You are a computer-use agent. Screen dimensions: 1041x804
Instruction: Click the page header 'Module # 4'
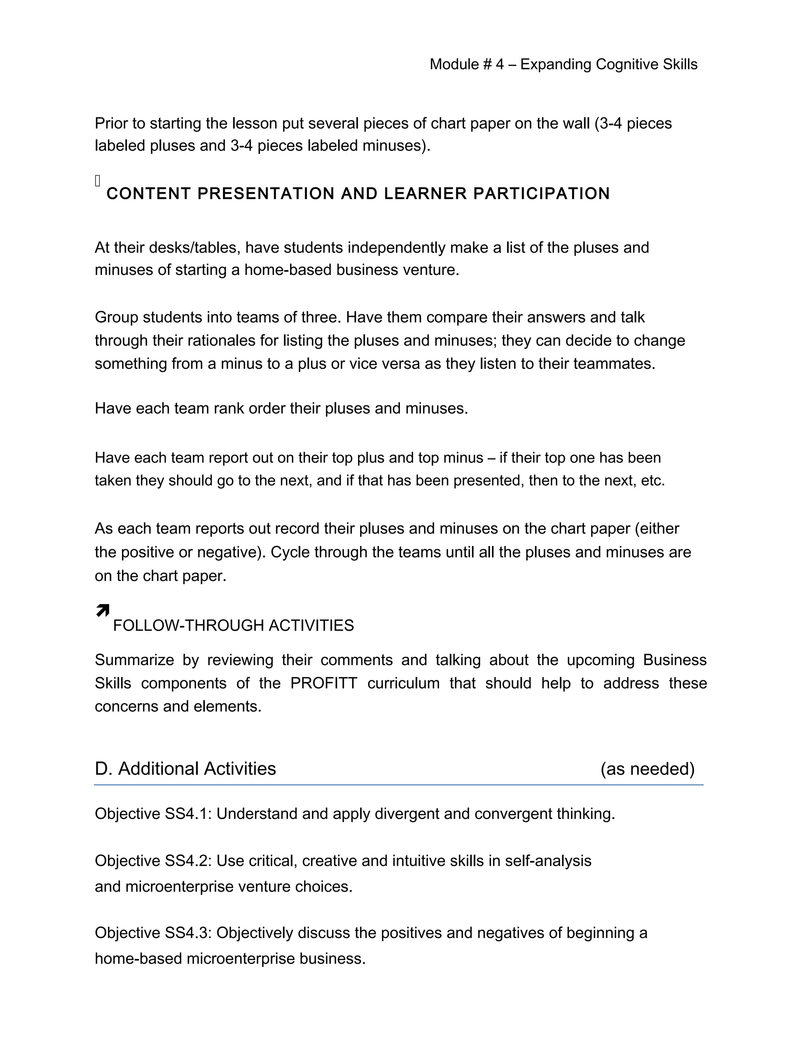(466, 64)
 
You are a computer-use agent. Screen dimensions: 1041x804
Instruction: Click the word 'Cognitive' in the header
(621, 64)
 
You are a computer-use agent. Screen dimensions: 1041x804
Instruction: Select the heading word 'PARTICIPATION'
(541, 194)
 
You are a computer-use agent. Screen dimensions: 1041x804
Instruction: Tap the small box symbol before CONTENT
(98, 181)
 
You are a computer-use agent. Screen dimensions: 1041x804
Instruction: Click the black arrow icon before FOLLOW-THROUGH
(102, 610)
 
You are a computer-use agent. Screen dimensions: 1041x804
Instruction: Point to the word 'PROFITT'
(324, 683)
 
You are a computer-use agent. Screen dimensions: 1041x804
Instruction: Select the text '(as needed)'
(647, 769)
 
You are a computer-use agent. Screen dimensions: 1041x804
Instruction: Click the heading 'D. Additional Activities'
(185, 769)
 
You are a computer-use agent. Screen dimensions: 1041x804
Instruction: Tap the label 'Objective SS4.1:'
(153, 814)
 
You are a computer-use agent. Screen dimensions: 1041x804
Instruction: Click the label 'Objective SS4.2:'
(153, 861)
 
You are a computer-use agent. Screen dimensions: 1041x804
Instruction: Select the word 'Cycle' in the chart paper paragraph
(290, 552)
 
